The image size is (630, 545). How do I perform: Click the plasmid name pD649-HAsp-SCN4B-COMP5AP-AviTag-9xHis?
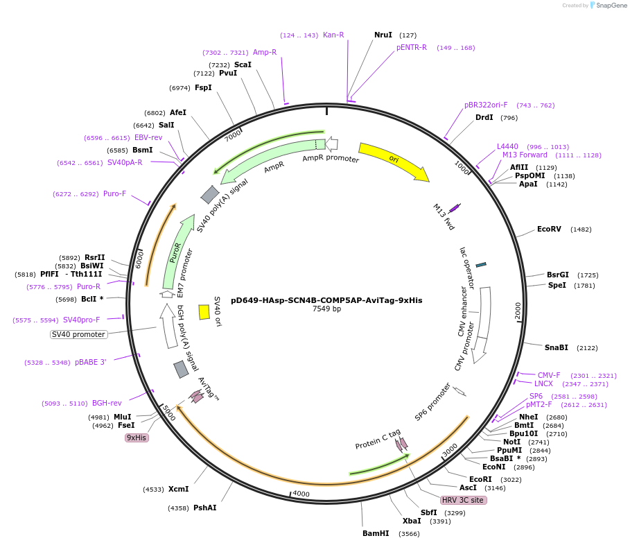326,300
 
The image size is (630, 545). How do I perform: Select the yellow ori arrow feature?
393,162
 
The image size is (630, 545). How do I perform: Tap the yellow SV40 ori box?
204,312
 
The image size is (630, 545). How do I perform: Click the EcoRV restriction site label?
549,230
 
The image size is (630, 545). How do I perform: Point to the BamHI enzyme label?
376,533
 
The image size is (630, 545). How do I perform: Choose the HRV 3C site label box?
463,500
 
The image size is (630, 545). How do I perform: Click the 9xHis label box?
137,438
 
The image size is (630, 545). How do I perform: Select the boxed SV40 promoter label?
79,334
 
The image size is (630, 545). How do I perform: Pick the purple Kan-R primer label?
333,35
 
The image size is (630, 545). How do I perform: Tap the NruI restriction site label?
383,35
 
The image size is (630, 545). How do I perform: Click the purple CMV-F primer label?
549,375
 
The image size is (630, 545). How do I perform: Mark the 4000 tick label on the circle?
301,493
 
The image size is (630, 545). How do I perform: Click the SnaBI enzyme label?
556,347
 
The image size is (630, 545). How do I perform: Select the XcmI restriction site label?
178,489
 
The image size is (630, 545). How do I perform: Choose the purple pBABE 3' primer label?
90,362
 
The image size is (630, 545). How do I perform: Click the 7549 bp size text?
326,309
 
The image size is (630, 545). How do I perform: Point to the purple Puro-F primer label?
114,194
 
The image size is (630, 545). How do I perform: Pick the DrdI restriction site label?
484,118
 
